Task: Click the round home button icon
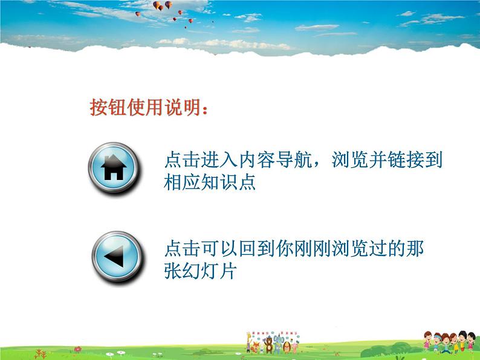[x=114, y=168]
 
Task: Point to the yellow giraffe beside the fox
[x=248, y=342]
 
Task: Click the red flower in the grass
[x=78, y=349]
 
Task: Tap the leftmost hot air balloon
[x=137, y=13]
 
